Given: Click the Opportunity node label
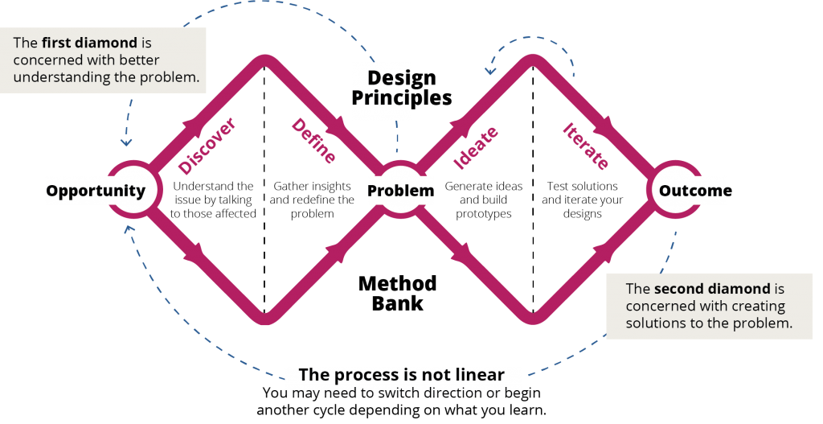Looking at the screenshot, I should pyautogui.click(x=96, y=191).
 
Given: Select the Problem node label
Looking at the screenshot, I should pyautogui.click(x=400, y=191).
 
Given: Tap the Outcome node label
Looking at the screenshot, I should pyautogui.click(x=693, y=191).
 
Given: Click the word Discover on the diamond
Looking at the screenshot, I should pyautogui.click(x=207, y=146).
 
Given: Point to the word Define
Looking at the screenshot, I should pyautogui.click(x=313, y=141).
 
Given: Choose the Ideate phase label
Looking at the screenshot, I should pyautogui.click(x=476, y=148).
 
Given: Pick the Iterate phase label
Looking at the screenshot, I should pyautogui.click(x=586, y=146).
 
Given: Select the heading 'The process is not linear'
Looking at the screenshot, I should pyautogui.click(x=402, y=375).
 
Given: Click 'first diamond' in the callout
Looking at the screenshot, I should pyautogui.click(x=89, y=43).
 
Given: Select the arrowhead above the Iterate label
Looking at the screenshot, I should pyautogui.click(x=602, y=125).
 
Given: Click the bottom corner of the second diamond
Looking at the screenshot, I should pyautogui.click(x=532, y=320).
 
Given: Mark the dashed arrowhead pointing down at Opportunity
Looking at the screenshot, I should pyautogui.click(x=126, y=142).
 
